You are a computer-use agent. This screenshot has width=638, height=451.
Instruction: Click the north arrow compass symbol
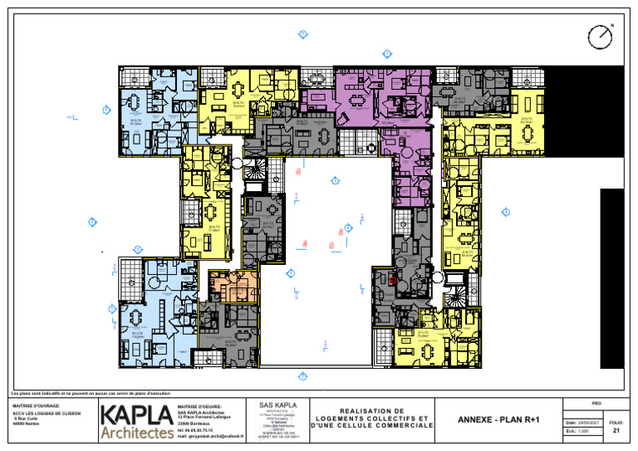[x=599, y=37]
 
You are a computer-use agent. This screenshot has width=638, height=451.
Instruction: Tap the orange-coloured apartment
[x=233, y=286]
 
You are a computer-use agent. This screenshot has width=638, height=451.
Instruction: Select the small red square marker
[x=392, y=281]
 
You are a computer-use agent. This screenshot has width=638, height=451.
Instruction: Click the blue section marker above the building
[x=303, y=34]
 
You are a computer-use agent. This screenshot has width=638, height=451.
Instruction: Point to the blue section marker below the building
[x=303, y=376]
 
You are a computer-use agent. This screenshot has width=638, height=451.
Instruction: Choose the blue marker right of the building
[x=505, y=213]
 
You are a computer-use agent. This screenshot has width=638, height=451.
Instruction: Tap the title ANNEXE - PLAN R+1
[x=498, y=420]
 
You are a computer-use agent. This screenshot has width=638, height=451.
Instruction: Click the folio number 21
[x=616, y=431]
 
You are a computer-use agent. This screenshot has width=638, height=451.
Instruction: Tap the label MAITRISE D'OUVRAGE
[x=36, y=406]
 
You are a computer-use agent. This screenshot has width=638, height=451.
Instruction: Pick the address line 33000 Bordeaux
[x=195, y=423]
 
